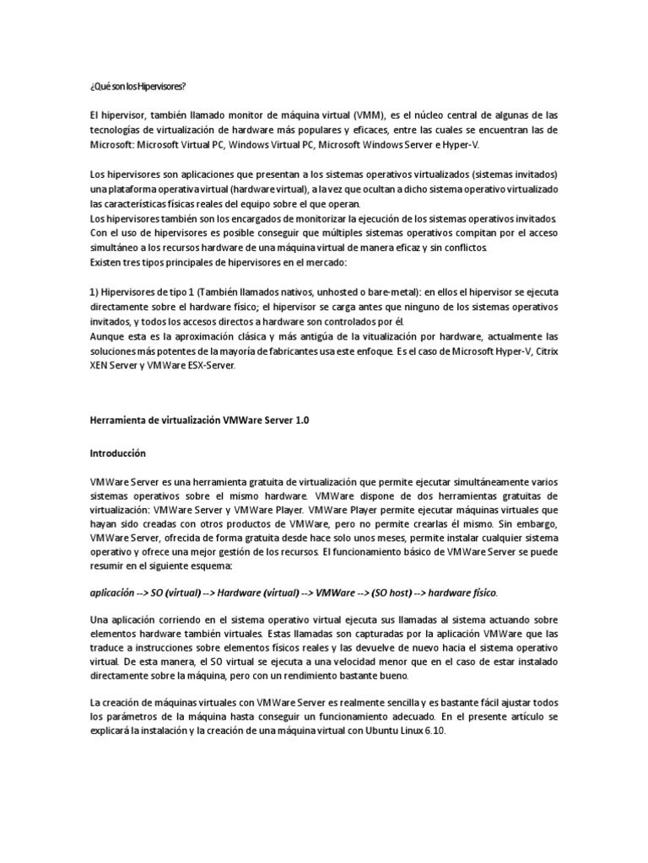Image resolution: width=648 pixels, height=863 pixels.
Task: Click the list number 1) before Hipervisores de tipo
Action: click(94, 292)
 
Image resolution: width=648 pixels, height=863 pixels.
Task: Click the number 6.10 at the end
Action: click(433, 732)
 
